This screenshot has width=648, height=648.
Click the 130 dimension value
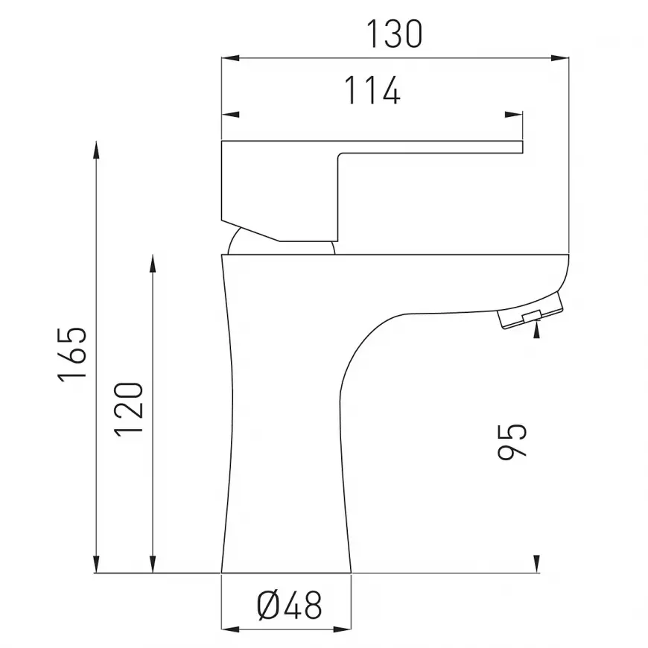click(394, 34)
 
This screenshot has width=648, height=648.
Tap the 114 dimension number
click(372, 90)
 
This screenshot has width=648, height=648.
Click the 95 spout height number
click(512, 442)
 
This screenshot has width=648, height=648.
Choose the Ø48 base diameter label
click(289, 606)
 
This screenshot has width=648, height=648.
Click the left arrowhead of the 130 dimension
click(231, 58)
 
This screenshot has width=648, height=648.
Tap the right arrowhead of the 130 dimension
click(560, 58)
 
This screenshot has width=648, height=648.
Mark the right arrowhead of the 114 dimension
click(514, 115)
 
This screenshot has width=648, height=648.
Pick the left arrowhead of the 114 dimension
click(231, 115)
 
